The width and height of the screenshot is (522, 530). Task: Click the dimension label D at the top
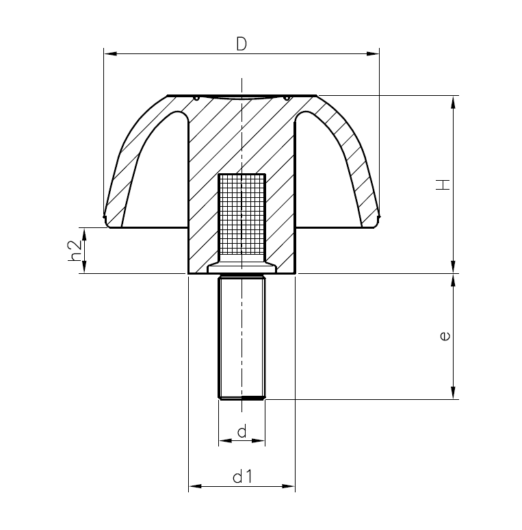[x=241, y=44]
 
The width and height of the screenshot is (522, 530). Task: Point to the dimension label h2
[x=75, y=250]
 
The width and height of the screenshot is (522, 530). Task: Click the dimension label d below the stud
[x=241, y=431]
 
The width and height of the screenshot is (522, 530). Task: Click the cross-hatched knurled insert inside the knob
[x=241, y=216]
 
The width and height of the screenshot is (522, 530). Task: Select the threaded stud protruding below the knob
[x=241, y=336]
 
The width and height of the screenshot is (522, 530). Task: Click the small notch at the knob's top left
[x=196, y=97]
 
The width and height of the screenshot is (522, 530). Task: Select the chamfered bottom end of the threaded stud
[x=241, y=396]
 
